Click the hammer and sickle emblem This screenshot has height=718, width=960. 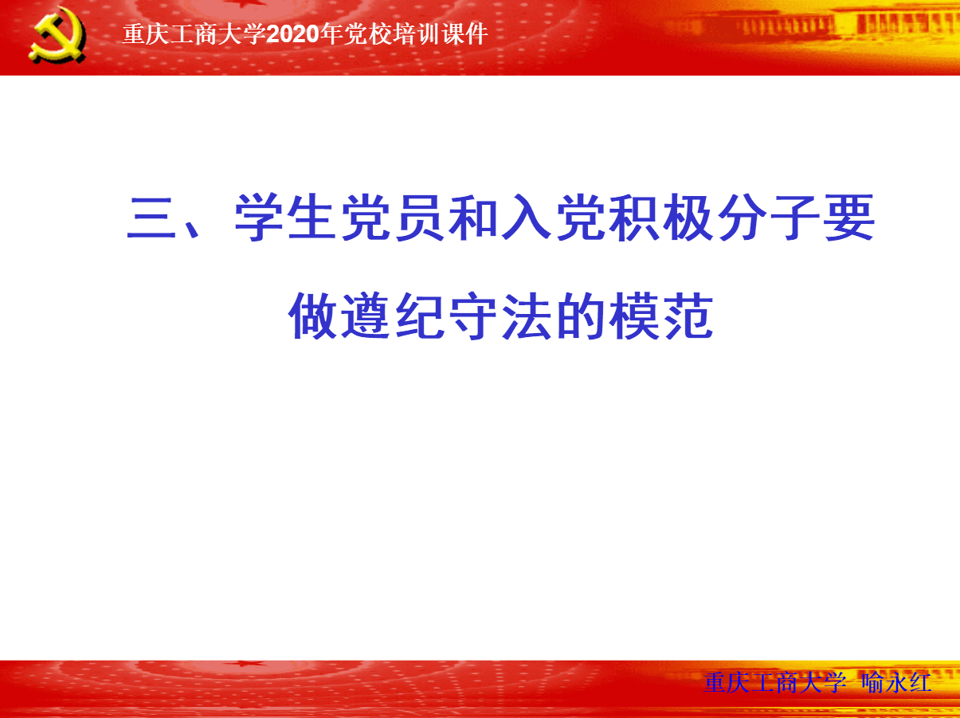(x=57, y=35)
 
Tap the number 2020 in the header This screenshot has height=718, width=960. (x=293, y=34)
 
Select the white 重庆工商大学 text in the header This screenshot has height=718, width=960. (x=194, y=34)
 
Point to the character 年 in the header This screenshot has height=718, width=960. (x=331, y=34)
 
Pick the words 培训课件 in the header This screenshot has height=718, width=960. (x=440, y=34)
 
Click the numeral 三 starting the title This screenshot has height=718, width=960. (x=151, y=218)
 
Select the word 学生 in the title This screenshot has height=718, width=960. (x=285, y=218)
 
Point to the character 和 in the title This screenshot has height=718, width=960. (x=472, y=218)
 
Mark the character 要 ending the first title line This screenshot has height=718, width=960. (x=849, y=218)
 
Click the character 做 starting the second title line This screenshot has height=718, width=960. (x=312, y=316)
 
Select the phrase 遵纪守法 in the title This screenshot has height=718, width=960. (x=445, y=316)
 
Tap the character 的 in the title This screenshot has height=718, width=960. (x=580, y=316)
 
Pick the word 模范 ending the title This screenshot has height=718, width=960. (x=661, y=316)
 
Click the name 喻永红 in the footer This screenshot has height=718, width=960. (x=896, y=683)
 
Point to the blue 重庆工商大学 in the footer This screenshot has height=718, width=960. (x=774, y=683)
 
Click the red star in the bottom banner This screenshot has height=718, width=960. (x=251, y=664)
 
